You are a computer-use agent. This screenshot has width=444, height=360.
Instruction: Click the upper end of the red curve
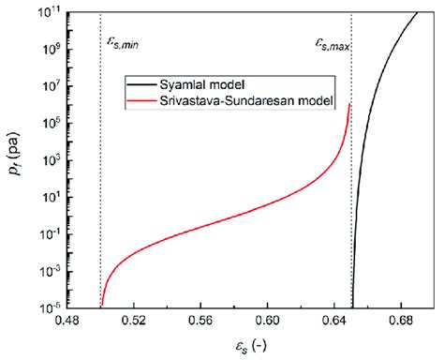[x=349, y=103]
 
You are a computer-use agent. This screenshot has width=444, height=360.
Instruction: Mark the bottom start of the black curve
[x=352, y=305]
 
